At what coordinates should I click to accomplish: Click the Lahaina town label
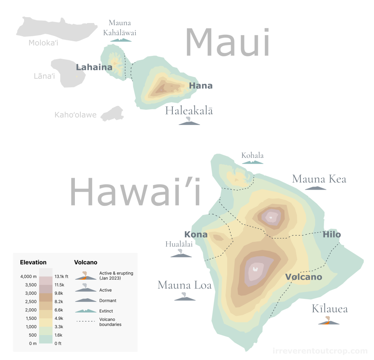(94, 67)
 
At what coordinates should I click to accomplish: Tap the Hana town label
(201, 86)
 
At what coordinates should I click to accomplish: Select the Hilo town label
(332, 235)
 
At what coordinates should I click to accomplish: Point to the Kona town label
(196, 235)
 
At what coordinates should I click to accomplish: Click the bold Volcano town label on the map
(304, 277)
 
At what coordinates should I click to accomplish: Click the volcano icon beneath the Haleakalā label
(189, 121)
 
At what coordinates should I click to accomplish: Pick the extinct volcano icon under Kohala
(252, 162)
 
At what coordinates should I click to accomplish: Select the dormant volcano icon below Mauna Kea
(316, 188)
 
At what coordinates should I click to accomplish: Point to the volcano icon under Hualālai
(181, 253)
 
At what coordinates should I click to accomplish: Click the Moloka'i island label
(43, 43)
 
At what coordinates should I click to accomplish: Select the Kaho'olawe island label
(76, 115)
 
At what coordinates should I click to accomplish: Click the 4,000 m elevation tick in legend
(28, 277)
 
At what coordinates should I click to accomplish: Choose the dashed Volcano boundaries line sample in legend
(86, 321)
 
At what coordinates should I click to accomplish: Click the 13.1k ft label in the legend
(61, 277)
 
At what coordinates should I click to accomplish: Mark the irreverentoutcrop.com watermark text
(320, 351)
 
